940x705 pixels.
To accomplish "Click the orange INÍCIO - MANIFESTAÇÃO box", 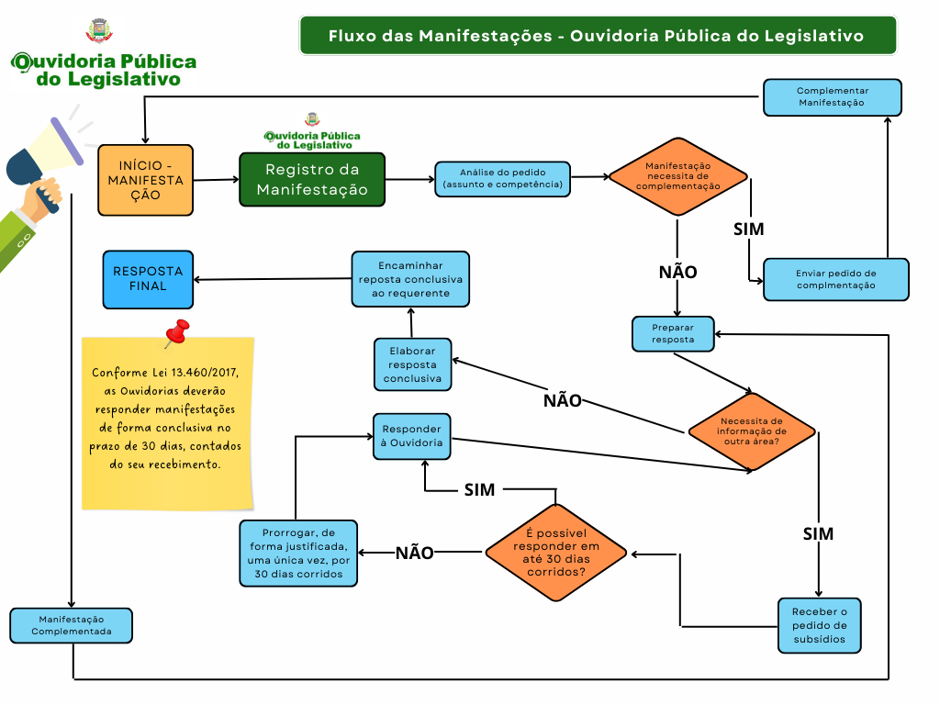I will click(x=145, y=180).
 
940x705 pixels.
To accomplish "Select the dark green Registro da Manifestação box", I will click(x=312, y=179).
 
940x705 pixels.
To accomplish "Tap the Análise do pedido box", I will click(x=502, y=179).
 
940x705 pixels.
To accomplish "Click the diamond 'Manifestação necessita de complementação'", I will click(x=677, y=174).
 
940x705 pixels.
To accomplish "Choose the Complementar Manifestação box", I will click(x=832, y=97).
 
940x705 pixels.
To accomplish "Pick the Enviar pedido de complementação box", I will click(x=835, y=279).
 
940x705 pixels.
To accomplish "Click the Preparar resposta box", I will click(x=673, y=333).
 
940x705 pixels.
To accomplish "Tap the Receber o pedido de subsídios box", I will click(x=819, y=625).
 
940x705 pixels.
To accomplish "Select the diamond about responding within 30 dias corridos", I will click(x=556, y=553).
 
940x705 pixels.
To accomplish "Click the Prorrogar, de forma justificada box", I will click(x=297, y=553).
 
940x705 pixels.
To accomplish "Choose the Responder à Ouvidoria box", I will click(x=411, y=435).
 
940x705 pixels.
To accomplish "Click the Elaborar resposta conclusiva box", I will click(x=412, y=364).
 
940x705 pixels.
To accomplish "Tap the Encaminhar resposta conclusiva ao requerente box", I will click(x=410, y=279).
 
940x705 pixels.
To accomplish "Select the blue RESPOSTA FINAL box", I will click(x=148, y=279).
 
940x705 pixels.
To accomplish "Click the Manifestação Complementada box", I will click(x=71, y=625).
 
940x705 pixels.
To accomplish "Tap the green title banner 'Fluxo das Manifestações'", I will click(x=597, y=36).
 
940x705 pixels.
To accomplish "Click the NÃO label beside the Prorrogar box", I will click(x=414, y=553).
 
